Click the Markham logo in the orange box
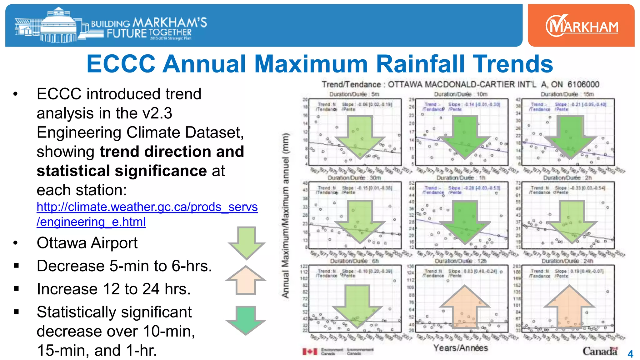pyautogui.click(x=582, y=26)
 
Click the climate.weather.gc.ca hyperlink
pyautogui.click(x=147, y=214)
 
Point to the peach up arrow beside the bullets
pyautogui.click(x=246, y=280)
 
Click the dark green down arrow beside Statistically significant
pyautogui.click(x=246, y=320)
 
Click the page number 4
pyautogui.click(x=630, y=354)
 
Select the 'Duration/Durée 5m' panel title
pyautogui.click(x=354, y=94)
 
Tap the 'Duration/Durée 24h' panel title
pyautogui.click(x=567, y=261)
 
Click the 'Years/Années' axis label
pyautogui.click(x=460, y=348)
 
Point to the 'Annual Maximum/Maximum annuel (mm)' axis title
pyautogui.click(x=285, y=216)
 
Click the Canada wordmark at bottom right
pyautogui.click(x=600, y=351)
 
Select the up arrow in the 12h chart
pyautogui.click(x=465, y=306)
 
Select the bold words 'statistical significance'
pyautogui.click(x=122, y=171)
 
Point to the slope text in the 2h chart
pyautogui.click(x=580, y=188)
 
